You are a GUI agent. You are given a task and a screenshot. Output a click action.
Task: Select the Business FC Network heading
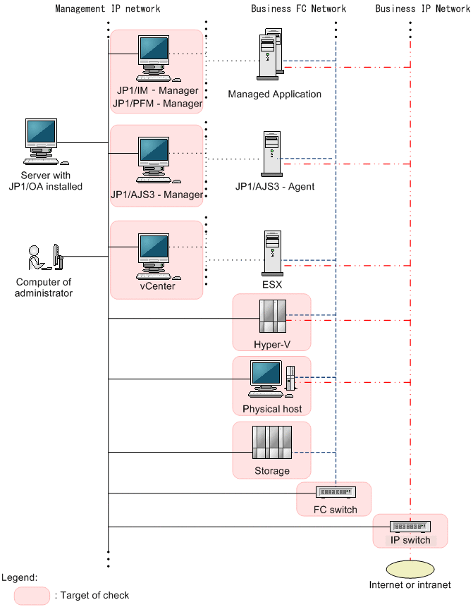tap(298, 9)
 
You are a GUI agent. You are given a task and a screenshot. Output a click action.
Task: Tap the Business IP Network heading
tap(422, 9)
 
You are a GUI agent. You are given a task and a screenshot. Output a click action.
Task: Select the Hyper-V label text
tap(272, 345)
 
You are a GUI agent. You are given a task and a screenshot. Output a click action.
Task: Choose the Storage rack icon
tap(271, 443)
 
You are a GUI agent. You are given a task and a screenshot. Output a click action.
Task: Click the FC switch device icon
tap(334, 492)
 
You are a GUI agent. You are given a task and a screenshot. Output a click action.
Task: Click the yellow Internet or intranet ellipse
tap(410, 568)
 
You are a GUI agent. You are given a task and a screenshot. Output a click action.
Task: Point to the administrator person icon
tap(44, 258)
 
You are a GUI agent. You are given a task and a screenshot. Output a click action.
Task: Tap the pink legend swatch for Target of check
tap(32, 595)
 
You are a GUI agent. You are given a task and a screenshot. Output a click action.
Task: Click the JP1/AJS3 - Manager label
tap(156, 194)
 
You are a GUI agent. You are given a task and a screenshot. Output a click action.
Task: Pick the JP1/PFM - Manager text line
tap(157, 104)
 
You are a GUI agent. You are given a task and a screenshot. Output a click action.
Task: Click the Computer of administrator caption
tap(44, 288)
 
